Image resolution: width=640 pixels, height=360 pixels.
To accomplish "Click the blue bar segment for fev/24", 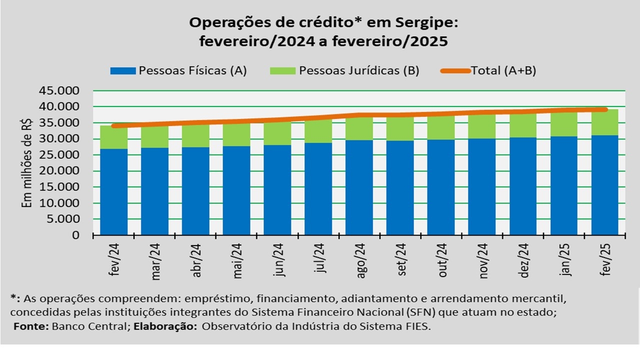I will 113,191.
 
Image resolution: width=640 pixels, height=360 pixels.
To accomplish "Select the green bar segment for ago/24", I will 359,128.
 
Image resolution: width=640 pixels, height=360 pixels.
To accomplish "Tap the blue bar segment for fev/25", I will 604,185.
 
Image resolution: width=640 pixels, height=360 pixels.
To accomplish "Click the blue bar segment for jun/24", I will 277,189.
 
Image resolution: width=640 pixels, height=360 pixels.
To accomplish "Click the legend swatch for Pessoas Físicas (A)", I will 123,70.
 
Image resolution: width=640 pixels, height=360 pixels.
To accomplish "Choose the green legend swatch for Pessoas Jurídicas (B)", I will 283,70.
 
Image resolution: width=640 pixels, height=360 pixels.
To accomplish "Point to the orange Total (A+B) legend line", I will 455,70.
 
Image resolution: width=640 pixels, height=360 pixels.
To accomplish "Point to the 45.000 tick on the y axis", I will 59,91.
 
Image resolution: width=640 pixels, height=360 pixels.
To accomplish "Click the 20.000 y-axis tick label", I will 59,171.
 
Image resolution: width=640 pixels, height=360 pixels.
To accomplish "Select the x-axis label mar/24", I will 155,260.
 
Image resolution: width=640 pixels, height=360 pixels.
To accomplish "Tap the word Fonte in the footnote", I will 27,326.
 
